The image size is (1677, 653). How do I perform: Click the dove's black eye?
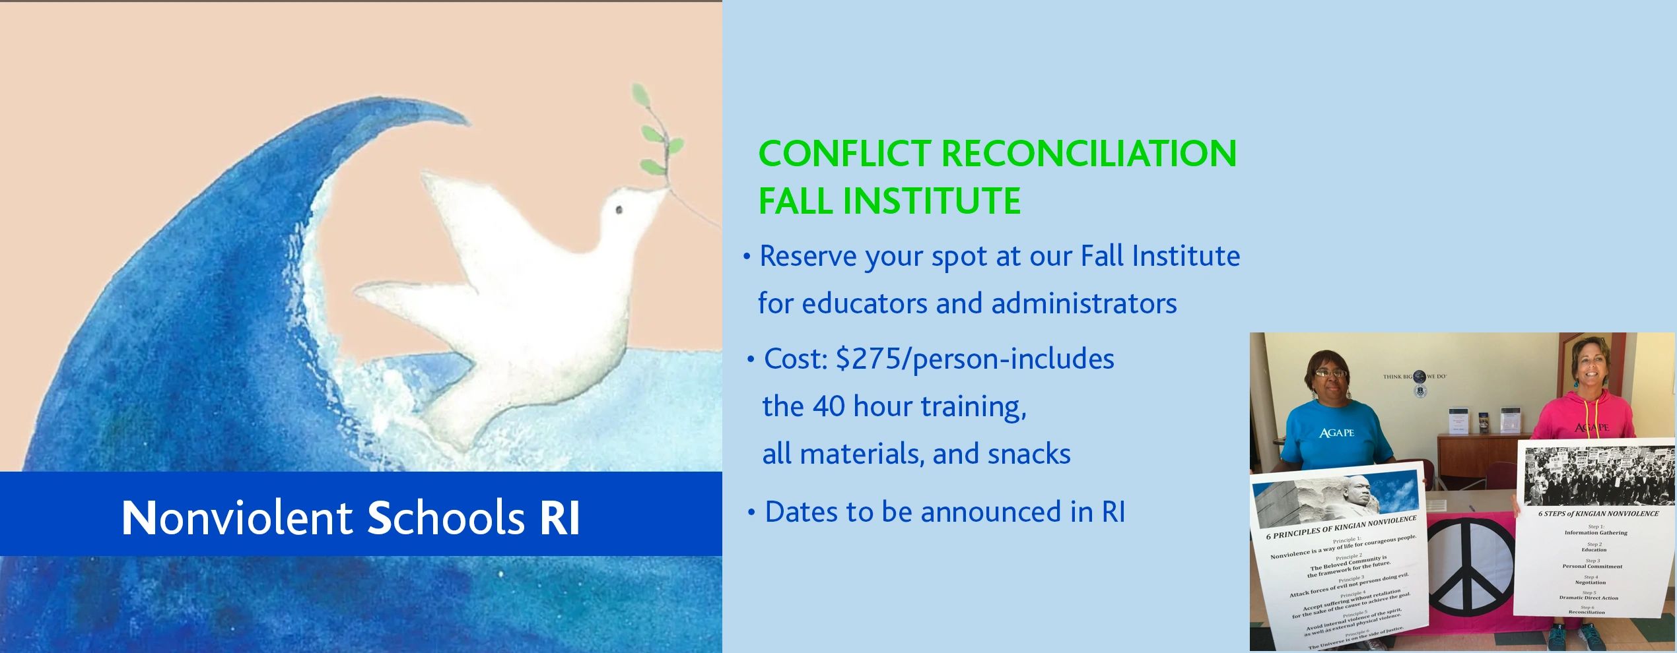pos(619,210)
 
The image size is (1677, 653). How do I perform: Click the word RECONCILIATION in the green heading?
pos(1088,154)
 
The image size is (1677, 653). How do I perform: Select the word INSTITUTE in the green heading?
pos(932,201)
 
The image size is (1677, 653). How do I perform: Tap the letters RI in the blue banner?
pos(560,518)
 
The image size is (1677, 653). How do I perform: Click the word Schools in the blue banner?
pos(446,518)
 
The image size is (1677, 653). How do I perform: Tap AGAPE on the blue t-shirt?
pos(1336,433)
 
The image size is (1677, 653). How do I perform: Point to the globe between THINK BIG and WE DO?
pos(1419,377)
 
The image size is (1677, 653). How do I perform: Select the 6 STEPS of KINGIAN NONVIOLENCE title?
pos(1598,513)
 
